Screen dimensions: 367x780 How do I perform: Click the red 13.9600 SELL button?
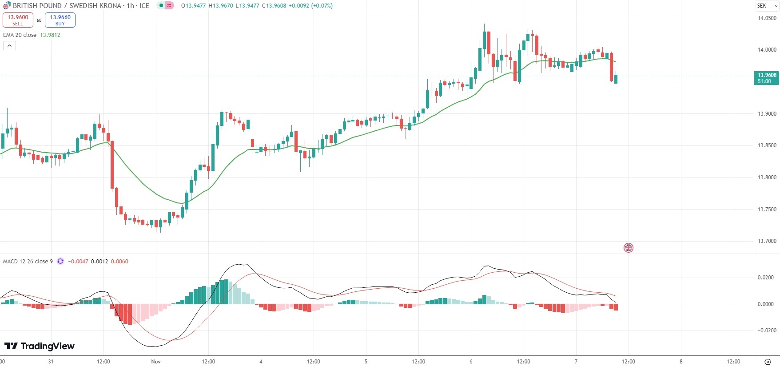(x=18, y=20)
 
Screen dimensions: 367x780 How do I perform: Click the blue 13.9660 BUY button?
(x=60, y=20)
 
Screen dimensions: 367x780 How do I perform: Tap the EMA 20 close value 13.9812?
(x=50, y=35)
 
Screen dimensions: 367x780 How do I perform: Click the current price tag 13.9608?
(x=767, y=78)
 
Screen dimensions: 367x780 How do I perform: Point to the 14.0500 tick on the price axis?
(x=767, y=18)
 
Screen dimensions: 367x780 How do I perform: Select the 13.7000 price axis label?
(x=767, y=241)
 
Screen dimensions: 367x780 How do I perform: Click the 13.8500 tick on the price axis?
(x=767, y=145)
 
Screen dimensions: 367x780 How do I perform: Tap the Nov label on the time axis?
(x=156, y=362)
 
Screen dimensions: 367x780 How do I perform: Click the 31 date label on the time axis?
(x=51, y=362)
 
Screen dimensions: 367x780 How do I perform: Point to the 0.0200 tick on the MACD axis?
(x=766, y=278)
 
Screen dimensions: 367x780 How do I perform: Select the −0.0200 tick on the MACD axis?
(x=767, y=331)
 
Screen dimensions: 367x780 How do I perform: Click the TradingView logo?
(x=40, y=346)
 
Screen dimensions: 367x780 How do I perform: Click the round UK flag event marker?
(x=628, y=248)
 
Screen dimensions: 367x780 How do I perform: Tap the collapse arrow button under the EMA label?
(x=9, y=45)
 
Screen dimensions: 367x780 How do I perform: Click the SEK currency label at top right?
(x=762, y=6)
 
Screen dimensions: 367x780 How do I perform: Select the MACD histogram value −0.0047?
(x=78, y=262)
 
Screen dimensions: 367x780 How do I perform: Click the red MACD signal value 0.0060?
(x=119, y=262)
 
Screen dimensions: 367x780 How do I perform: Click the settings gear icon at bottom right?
(x=768, y=362)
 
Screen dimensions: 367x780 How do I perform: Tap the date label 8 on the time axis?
(x=681, y=362)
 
